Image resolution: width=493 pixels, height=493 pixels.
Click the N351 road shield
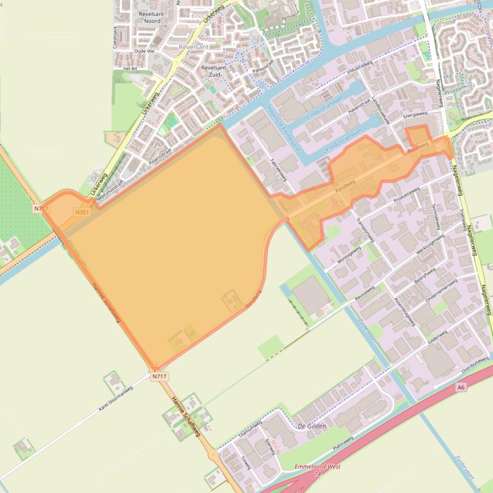pos(81,212)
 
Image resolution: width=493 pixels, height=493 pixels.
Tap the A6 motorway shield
pos(461,387)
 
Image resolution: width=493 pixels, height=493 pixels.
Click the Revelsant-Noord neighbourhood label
pos(152,17)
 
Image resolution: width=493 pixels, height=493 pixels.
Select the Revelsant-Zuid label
pos(214,70)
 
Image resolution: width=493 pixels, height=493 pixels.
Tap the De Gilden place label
pos(312,426)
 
